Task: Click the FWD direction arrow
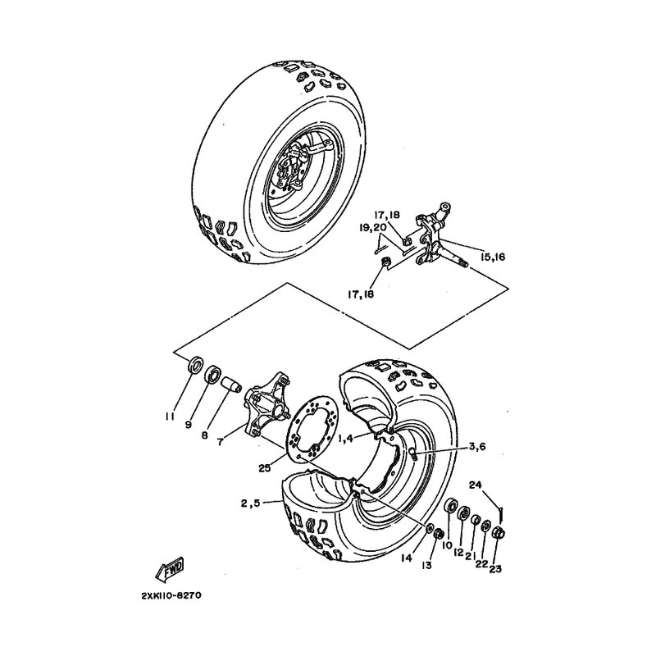pyautogui.click(x=171, y=568)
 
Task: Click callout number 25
pyautogui.click(x=265, y=468)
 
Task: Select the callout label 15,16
pyautogui.click(x=494, y=257)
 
